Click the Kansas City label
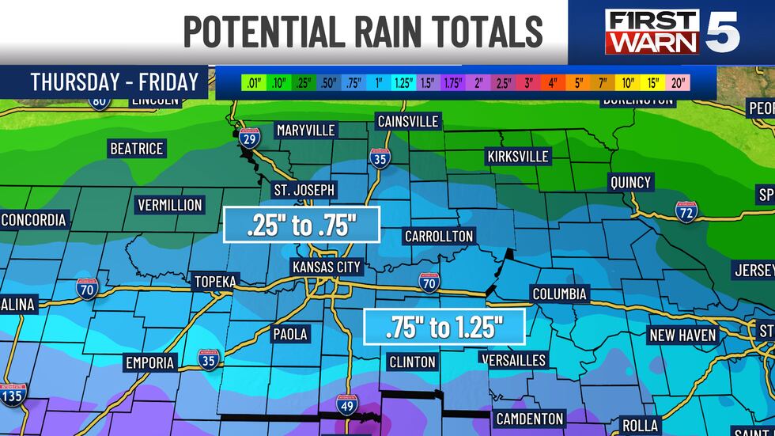[327, 267]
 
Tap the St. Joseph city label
[304, 190]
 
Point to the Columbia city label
[560, 294]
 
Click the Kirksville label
[518, 156]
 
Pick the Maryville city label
[306, 130]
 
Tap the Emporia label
[149, 362]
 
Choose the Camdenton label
[529, 419]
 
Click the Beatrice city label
[136, 149]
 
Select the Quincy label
[630, 182]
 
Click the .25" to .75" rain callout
[302, 225]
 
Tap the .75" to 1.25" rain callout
[444, 327]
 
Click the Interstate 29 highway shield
[249, 140]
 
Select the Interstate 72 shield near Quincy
[686, 210]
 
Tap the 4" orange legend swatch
[553, 82]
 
